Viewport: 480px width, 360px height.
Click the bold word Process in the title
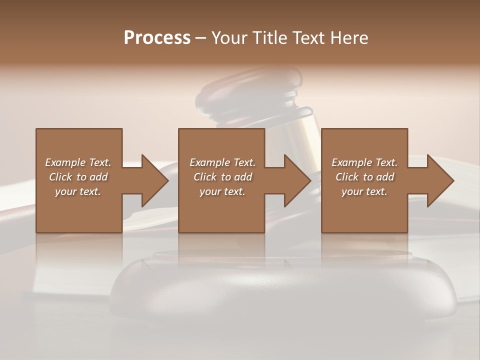[157, 38]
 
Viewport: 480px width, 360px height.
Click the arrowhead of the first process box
[154, 180]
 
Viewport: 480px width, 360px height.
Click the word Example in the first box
[65, 162]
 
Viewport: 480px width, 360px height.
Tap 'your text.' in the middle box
[222, 191]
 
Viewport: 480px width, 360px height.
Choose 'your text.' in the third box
[364, 191]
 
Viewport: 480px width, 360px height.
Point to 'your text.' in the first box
[78, 191]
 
